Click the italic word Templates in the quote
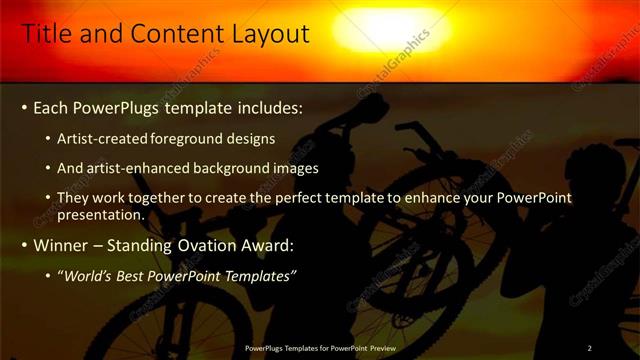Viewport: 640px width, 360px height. [257, 276]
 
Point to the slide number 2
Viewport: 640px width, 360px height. [589, 348]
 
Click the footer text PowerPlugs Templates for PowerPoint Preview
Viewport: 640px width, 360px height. [319, 348]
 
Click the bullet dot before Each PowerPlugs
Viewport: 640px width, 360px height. [24, 107]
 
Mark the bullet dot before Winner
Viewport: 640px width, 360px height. [24, 245]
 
